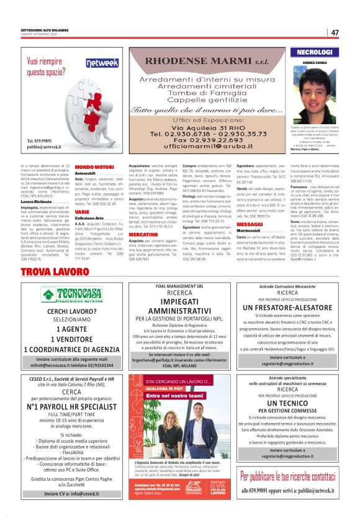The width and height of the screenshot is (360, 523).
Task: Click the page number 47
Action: click(x=335, y=32)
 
